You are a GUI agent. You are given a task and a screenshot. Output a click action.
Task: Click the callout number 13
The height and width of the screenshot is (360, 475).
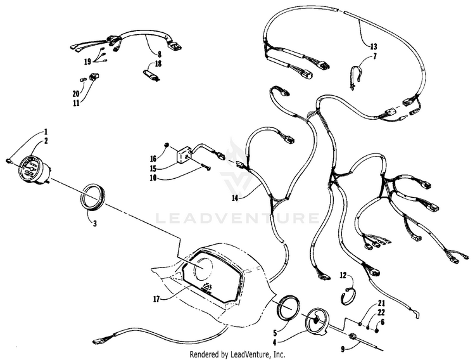pyautogui.click(x=373, y=47)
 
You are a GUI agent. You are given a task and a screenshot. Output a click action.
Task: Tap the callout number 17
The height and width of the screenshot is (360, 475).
pyautogui.click(x=156, y=300)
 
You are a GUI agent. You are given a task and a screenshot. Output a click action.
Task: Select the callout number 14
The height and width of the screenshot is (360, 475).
pyautogui.click(x=236, y=198)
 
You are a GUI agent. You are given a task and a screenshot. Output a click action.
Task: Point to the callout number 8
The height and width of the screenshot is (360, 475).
pyautogui.click(x=160, y=55)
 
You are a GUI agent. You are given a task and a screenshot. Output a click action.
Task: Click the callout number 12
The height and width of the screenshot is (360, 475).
pyautogui.click(x=343, y=276)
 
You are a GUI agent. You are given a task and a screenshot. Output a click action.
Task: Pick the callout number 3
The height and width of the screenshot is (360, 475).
pyautogui.click(x=95, y=224)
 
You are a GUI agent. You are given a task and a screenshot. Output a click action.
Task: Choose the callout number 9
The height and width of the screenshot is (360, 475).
pyautogui.click(x=343, y=349)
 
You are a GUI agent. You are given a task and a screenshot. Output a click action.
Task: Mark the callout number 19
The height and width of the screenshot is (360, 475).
pyautogui.click(x=87, y=62)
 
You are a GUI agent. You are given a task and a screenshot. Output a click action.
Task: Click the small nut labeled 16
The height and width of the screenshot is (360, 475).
pyautogui.click(x=166, y=145)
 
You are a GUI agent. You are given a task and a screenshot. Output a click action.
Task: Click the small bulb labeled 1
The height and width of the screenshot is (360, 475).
pyautogui.click(x=9, y=160)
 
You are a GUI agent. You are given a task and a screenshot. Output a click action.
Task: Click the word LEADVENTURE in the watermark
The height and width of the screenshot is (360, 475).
pyautogui.click(x=237, y=218)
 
